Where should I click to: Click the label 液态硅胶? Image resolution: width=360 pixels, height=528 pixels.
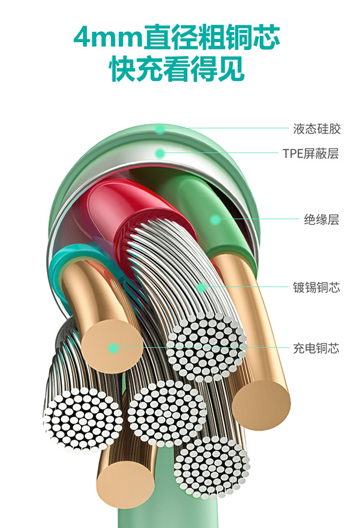[316, 129]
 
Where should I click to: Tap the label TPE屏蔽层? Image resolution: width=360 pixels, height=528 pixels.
[311, 154]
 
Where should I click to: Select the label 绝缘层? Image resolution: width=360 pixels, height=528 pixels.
[321, 220]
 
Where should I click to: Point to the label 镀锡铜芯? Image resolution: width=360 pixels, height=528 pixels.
[316, 288]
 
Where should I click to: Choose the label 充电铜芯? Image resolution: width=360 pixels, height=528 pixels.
[316, 348]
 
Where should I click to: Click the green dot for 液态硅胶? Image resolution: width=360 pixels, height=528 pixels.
[160, 129]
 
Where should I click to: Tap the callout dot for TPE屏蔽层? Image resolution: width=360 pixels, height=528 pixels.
[160, 154]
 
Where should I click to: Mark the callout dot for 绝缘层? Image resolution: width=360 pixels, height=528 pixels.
[215, 220]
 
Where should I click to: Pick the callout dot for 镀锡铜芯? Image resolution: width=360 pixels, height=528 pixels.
[201, 288]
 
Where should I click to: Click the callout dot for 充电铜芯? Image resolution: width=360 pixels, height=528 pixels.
[113, 348]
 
